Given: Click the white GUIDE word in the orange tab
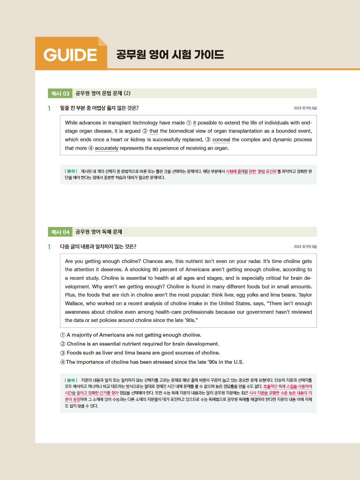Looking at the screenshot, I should (70, 55).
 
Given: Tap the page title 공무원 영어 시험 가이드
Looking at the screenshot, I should (170, 55).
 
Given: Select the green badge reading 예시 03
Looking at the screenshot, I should (60, 94).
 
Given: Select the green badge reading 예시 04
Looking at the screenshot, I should (60, 232).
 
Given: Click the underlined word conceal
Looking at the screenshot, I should (221, 140).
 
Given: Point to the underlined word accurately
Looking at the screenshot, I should (106, 148).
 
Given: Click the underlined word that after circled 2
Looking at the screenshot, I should (154, 131).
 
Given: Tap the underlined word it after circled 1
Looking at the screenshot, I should (194, 123).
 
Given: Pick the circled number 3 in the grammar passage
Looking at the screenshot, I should (208, 140).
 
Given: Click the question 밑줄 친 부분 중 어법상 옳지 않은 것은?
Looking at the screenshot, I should (99, 108).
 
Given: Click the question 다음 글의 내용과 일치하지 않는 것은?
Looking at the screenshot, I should (98, 247).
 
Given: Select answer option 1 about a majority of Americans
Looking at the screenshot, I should (131, 335).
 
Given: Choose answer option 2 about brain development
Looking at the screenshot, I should (140, 344).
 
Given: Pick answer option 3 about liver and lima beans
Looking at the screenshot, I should (140, 353).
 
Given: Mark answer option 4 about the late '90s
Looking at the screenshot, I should (152, 362).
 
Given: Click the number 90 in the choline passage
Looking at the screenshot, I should (155, 269).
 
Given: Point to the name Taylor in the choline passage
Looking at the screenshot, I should (305, 295).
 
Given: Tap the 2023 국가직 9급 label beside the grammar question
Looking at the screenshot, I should (305, 108).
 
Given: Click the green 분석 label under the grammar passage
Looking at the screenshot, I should (71, 171).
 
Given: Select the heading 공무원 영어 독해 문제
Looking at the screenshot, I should (99, 232).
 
